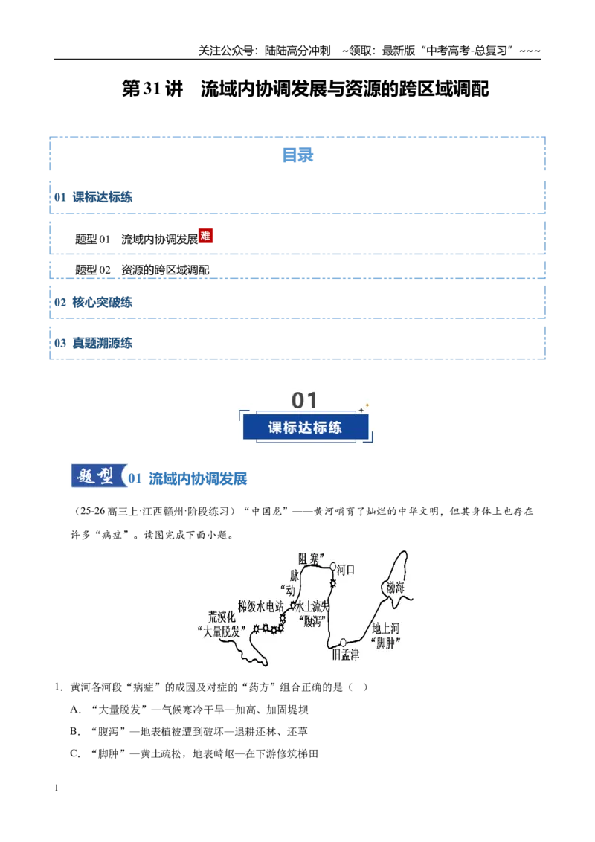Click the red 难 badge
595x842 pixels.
[206, 235]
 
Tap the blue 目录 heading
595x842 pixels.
[297, 155]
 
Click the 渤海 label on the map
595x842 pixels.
[396, 587]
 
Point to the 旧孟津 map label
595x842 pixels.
[345, 655]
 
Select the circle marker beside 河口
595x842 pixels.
[333, 566]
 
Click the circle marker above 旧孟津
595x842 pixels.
[343, 642]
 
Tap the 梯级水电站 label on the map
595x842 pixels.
[260, 606]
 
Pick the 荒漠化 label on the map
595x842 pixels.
[222, 617]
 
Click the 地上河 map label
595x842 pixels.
[385, 628]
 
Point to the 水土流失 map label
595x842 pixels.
[313, 606]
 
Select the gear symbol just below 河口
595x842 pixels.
[333, 583]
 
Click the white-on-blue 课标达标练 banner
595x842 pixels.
[306, 428]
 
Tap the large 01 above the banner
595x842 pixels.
[304, 400]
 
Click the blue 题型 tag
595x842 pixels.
[97, 476]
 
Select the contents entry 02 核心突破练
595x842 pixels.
[93, 302]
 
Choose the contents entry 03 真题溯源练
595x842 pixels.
[93, 343]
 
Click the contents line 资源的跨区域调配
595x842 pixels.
[165, 270]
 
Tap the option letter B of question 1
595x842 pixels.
[74, 731]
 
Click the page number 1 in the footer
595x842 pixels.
[56, 788]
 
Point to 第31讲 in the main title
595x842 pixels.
[152, 89]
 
